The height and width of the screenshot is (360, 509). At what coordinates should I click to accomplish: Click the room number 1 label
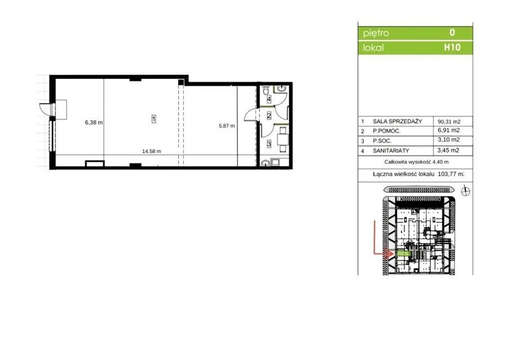(x=153, y=119)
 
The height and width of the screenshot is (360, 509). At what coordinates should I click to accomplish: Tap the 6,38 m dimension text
(x=94, y=123)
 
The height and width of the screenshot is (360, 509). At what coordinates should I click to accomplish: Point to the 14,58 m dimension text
(x=151, y=151)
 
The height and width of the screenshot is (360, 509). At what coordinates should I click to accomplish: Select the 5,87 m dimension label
(x=227, y=126)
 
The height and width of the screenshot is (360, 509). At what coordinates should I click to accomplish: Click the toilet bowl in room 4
(x=266, y=89)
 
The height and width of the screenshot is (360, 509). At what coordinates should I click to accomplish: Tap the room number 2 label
(x=268, y=115)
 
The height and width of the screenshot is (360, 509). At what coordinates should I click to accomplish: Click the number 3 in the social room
(x=268, y=143)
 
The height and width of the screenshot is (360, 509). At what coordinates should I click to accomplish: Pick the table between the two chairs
(x=282, y=139)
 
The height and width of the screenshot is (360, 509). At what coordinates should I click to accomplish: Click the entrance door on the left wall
(x=45, y=109)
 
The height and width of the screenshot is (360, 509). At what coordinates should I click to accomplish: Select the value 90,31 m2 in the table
(x=449, y=121)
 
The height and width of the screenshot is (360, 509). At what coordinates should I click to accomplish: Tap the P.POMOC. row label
(x=387, y=131)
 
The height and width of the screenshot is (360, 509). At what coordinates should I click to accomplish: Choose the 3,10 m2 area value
(x=449, y=140)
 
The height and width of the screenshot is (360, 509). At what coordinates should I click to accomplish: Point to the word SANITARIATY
(x=391, y=151)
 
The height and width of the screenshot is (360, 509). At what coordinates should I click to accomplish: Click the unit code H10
(x=452, y=48)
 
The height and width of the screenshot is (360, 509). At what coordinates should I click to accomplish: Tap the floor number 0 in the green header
(x=452, y=32)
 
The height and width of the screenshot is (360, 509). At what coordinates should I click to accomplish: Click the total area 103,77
(x=447, y=174)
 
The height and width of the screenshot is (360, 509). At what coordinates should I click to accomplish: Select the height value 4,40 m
(x=440, y=162)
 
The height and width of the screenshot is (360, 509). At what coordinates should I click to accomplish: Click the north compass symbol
(x=466, y=191)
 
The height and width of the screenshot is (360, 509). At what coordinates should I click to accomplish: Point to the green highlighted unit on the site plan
(x=403, y=254)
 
